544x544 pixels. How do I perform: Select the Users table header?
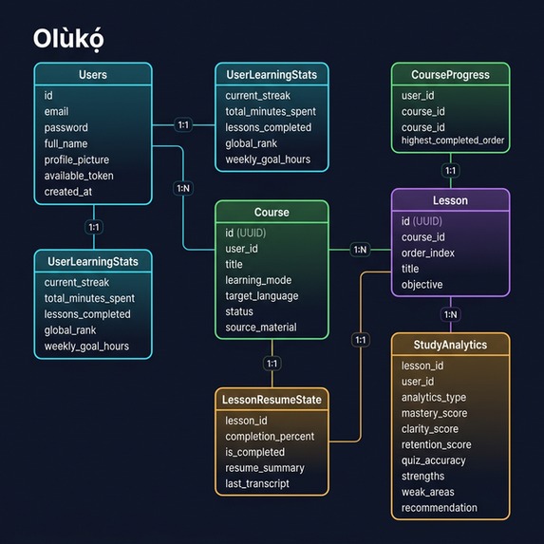coord(92,74)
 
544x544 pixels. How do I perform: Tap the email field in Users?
coord(56,111)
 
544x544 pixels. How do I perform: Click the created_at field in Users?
coord(68,192)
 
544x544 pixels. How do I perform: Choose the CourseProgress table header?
coord(450,74)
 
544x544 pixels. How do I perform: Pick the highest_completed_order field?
coord(453,141)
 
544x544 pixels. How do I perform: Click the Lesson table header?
coord(450,200)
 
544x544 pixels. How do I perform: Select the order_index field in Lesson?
coord(427,253)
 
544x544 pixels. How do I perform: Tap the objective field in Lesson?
coord(422,284)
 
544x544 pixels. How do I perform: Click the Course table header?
coord(272,212)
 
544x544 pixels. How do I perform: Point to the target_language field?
coord(261,295)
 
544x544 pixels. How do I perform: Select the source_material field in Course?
coord(260,328)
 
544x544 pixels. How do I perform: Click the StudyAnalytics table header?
coord(450,345)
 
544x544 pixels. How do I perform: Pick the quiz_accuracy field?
coord(433,460)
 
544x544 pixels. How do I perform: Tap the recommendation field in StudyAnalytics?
coord(439,508)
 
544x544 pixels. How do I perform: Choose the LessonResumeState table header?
coord(272,400)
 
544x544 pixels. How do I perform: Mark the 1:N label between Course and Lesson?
coord(360,250)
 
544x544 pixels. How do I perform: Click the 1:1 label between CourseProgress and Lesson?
coord(450,171)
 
